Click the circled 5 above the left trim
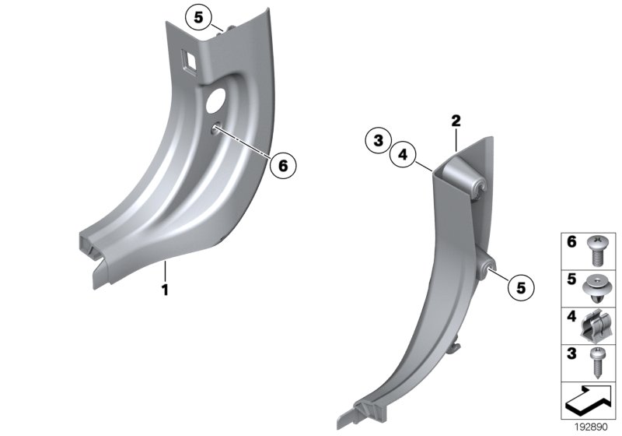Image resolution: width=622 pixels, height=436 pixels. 198,16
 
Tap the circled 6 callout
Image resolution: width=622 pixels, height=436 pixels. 283,165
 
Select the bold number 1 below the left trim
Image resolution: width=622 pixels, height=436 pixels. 165,290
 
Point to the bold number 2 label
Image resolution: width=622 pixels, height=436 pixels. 456,121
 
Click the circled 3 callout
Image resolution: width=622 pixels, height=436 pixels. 377,141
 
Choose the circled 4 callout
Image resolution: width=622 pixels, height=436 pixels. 403,155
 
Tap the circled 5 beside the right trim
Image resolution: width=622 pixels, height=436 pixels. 520,287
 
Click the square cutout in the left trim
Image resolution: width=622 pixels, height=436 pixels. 189,58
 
